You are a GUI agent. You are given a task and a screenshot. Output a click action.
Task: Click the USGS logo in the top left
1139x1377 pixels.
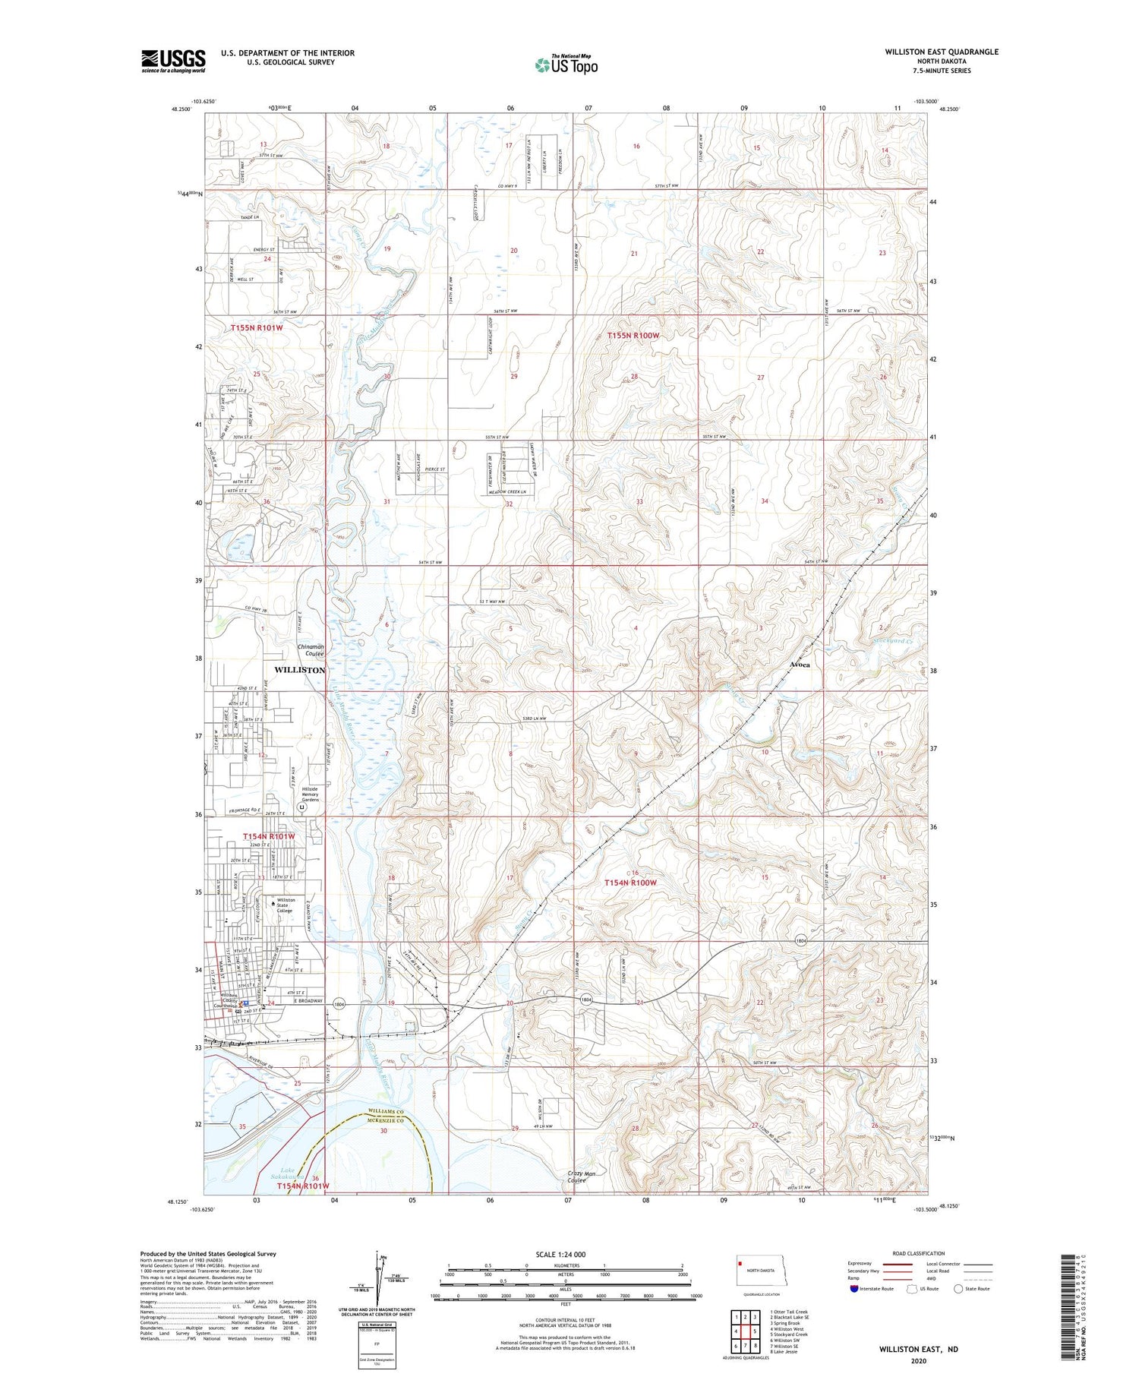coord(173,61)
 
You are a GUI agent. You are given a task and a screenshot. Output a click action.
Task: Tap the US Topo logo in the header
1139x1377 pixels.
coord(566,65)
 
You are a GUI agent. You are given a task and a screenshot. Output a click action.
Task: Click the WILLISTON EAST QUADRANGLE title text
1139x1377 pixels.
coord(941,52)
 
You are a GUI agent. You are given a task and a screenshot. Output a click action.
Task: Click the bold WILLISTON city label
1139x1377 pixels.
coord(299,670)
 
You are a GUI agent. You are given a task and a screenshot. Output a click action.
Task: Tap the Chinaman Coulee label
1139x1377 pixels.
coord(310,650)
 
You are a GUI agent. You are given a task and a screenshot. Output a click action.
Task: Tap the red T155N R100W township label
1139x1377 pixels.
coord(633,335)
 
